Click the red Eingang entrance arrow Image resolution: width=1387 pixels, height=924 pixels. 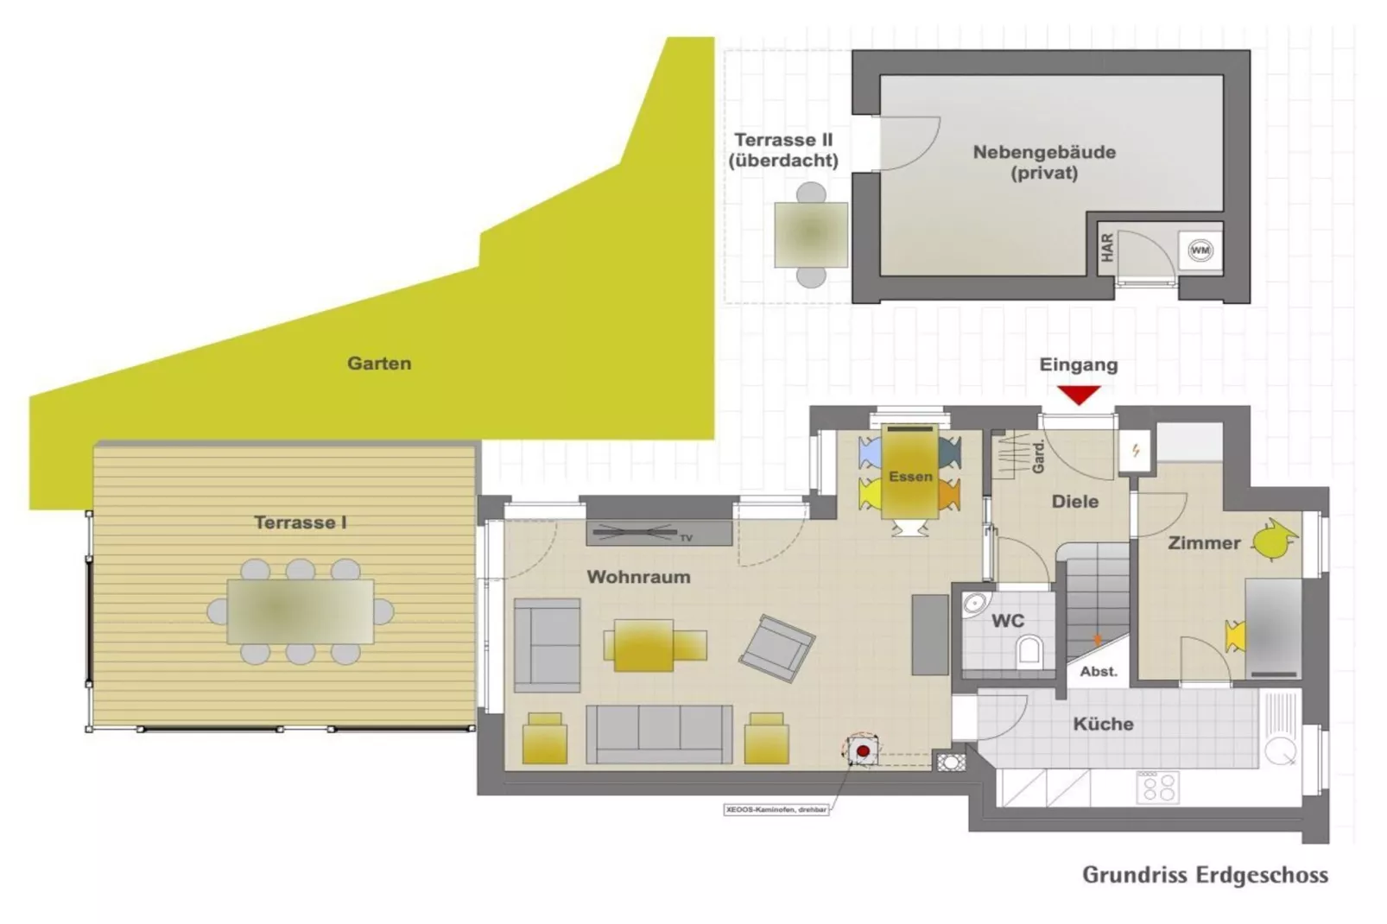pyautogui.click(x=1079, y=395)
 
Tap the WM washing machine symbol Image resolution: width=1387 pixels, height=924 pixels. pyautogui.click(x=1200, y=250)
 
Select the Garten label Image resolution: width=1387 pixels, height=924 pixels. pyautogui.click(x=379, y=364)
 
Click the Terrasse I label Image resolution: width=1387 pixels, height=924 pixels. pyautogui.click(x=300, y=522)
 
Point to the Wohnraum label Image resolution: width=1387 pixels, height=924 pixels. pyautogui.click(x=638, y=577)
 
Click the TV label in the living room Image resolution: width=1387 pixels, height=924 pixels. pyautogui.click(x=686, y=538)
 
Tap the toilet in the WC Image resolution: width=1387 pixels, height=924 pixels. pyautogui.click(x=1029, y=649)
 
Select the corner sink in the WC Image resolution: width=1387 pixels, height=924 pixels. pyautogui.click(x=975, y=603)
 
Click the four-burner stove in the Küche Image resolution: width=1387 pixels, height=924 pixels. pyautogui.click(x=1157, y=787)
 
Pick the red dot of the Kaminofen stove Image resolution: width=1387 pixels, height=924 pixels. pyautogui.click(x=862, y=751)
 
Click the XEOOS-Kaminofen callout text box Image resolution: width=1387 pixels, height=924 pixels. pyautogui.click(x=776, y=810)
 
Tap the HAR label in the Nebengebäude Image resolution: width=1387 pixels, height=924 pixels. pyautogui.click(x=1107, y=249)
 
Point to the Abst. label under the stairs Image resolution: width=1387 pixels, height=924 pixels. pyautogui.click(x=1099, y=671)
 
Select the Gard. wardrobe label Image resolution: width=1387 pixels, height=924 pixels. pyautogui.click(x=1038, y=456)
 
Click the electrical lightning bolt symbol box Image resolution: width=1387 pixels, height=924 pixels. pyautogui.click(x=1135, y=450)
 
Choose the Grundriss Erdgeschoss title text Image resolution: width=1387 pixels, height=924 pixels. pyautogui.click(x=1205, y=875)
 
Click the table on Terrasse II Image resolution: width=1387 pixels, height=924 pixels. pyautogui.click(x=810, y=234)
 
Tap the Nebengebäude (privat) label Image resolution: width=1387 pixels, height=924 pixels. pyautogui.click(x=1044, y=162)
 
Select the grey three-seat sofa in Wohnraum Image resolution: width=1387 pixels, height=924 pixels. pyautogui.click(x=659, y=734)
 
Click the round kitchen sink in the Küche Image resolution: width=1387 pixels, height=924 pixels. pyautogui.click(x=1280, y=751)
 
